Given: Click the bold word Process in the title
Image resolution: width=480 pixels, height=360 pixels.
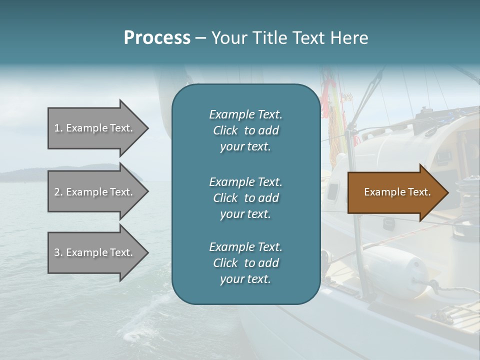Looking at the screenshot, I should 157,38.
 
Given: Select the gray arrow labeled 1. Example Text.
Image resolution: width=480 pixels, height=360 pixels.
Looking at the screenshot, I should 95,128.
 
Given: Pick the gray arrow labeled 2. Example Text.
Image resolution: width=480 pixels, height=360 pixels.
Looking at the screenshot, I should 95,192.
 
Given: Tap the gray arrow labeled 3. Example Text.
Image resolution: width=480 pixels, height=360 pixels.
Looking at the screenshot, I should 95,252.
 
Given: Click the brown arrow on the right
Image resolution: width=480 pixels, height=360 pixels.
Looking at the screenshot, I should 395,192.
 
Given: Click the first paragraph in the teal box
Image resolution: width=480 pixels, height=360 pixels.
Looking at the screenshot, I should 245,130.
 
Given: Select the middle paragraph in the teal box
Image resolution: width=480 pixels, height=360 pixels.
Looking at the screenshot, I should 245,198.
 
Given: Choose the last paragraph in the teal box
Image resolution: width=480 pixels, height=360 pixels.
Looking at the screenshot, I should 245,263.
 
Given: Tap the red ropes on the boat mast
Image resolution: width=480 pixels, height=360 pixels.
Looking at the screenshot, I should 327,95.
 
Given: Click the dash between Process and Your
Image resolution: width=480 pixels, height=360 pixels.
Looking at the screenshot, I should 200,38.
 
